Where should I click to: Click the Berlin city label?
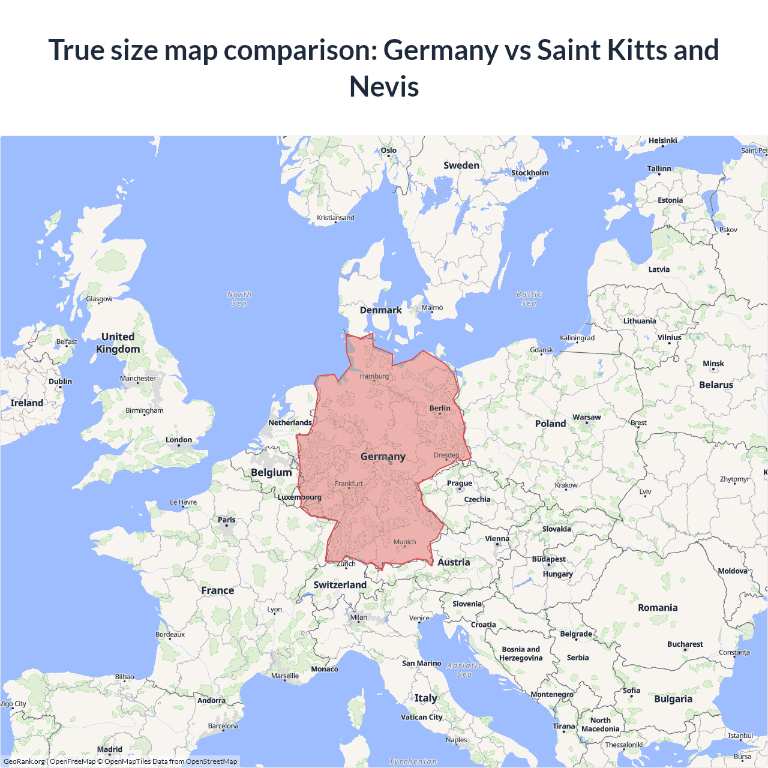pyautogui.click(x=440, y=408)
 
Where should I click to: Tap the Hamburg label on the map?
pyautogui.click(x=374, y=376)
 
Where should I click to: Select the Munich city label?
pyautogui.click(x=404, y=542)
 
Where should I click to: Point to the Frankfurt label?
pyautogui.click(x=349, y=484)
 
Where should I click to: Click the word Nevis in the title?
pyautogui.click(x=384, y=86)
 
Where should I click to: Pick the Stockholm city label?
pyautogui.click(x=530, y=173)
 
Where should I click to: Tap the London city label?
pyautogui.click(x=179, y=440)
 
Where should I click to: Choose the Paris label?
pyautogui.click(x=227, y=520)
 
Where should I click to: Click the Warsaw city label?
pyautogui.click(x=586, y=417)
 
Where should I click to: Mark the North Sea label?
pyautogui.click(x=239, y=299)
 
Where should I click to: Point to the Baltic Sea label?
pyautogui.click(x=529, y=299)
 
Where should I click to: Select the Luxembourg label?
pyautogui.click(x=299, y=497)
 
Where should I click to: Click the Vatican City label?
pyautogui.click(x=422, y=717)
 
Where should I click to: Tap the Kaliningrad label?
pyautogui.click(x=577, y=338)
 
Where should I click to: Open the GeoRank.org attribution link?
pyautogui.click(x=24, y=761)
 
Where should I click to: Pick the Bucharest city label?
pyautogui.click(x=685, y=644)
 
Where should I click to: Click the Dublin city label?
pyautogui.click(x=60, y=382)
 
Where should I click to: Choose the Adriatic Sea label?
pyautogui.click(x=464, y=670)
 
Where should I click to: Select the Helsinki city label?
pyautogui.click(x=662, y=140)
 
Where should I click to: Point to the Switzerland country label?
pyautogui.click(x=340, y=585)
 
